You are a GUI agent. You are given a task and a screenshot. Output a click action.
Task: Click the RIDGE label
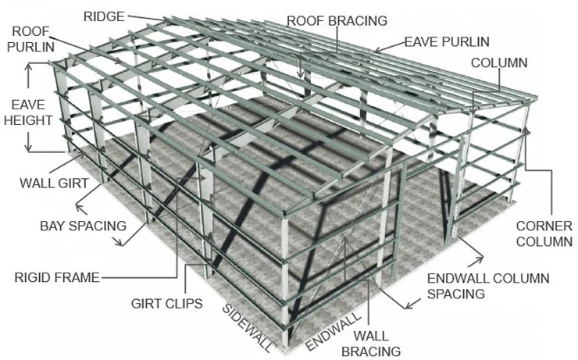point(104,16)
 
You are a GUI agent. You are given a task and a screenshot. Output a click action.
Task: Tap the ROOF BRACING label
point(337,20)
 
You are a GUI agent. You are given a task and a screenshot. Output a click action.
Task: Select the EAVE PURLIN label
point(447,41)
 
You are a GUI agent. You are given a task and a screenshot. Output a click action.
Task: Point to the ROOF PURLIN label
point(31,39)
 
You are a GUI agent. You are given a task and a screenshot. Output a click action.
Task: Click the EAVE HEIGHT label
point(28,112)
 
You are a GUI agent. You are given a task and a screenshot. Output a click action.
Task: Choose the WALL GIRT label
point(54,183)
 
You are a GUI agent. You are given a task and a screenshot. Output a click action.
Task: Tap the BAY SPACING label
point(83,226)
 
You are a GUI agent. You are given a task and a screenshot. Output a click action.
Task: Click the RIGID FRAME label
point(57,277)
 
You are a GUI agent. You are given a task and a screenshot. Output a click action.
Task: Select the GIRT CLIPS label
point(166,303)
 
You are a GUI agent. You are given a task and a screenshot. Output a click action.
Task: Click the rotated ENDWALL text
point(333,331)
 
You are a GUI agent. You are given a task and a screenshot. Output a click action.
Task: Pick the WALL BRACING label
point(371,344)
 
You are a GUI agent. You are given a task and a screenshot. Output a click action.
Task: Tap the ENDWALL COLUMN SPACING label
point(488,286)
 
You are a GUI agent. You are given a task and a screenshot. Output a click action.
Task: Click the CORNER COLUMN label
point(544,233)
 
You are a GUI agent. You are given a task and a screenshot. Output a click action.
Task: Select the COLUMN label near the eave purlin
point(499,62)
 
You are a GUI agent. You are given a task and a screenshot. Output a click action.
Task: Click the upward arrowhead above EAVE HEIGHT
point(29,67)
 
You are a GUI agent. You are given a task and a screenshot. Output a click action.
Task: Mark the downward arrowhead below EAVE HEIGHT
point(29,148)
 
